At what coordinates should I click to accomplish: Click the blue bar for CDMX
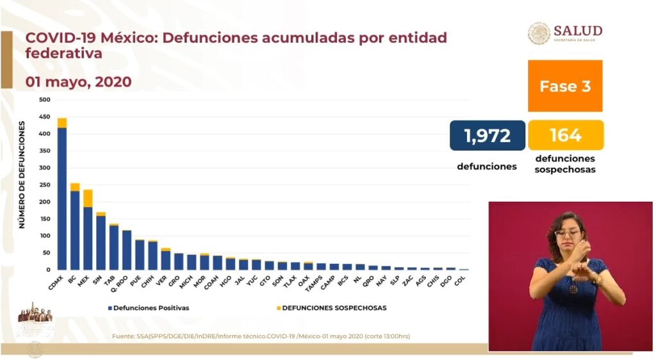point(62,199)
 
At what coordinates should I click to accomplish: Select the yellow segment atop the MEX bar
point(88,198)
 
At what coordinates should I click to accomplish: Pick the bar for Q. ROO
point(127,250)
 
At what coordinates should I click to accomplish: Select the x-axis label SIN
point(99,279)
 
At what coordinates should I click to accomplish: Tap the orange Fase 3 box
point(565,86)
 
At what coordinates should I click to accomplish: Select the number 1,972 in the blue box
point(488,135)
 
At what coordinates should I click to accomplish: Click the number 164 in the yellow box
point(565,135)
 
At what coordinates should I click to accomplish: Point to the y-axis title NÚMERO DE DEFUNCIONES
point(22,174)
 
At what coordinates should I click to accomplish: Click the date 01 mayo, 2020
point(78,82)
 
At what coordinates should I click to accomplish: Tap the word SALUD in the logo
point(578,31)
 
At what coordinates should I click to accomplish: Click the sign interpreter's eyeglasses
point(568,233)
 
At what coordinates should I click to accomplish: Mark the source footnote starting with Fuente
point(261,336)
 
